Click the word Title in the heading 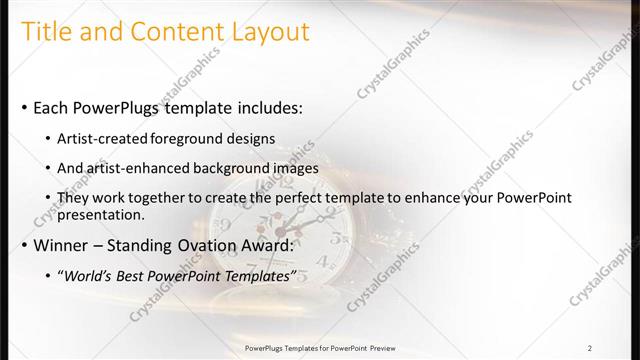click(46, 32)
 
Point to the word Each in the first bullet click(53, 107)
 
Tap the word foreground click(185, 137)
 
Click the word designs click(249, 137)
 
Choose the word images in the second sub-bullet click(294, 168)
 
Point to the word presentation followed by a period click(103, 214)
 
